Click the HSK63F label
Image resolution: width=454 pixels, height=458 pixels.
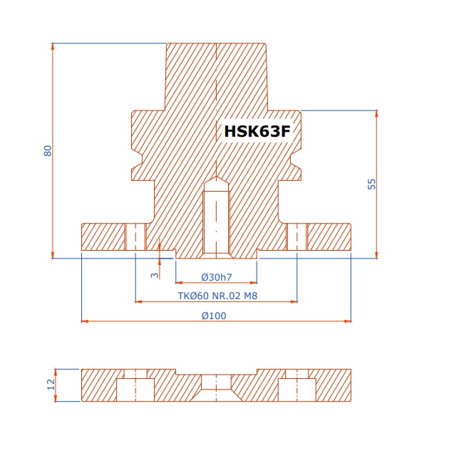click(x=257, y=131)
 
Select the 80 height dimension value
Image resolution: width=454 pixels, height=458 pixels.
click(x=48, y=151)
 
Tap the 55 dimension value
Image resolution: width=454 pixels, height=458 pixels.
click(x=371, y=184)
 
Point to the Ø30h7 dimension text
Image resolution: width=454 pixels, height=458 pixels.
click(x=217, y=277)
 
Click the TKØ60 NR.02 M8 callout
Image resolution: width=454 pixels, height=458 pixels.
click(x=217, y=296)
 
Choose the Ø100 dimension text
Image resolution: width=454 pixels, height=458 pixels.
click(x=214, y=316)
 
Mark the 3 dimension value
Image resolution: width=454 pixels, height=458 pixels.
click(x=155, y=275)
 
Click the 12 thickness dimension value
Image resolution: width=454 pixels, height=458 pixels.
click(x=51, y=385)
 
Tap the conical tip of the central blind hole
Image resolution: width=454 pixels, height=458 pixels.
click(x=217, y=177)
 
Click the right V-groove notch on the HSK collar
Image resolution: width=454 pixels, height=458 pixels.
click(x=296, y=160)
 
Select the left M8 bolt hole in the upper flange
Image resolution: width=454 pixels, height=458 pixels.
click(x=135, y=237)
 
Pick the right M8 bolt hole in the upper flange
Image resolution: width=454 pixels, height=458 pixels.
click(x=297, y=237)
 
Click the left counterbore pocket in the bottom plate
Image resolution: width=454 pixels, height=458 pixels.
click(x=135, y=390)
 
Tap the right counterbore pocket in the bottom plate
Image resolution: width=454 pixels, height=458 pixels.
click(x=297, y=390)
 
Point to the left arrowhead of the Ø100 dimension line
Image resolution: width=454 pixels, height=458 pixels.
click(x=85, y=321)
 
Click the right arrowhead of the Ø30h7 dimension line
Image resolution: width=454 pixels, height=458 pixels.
click(x=254, y=283)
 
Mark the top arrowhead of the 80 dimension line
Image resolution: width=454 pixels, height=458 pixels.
click(x=53, y=47)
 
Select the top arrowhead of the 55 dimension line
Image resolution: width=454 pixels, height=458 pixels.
click(x=376, y=114)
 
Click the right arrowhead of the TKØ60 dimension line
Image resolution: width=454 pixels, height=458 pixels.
click(x=294, y=302)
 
